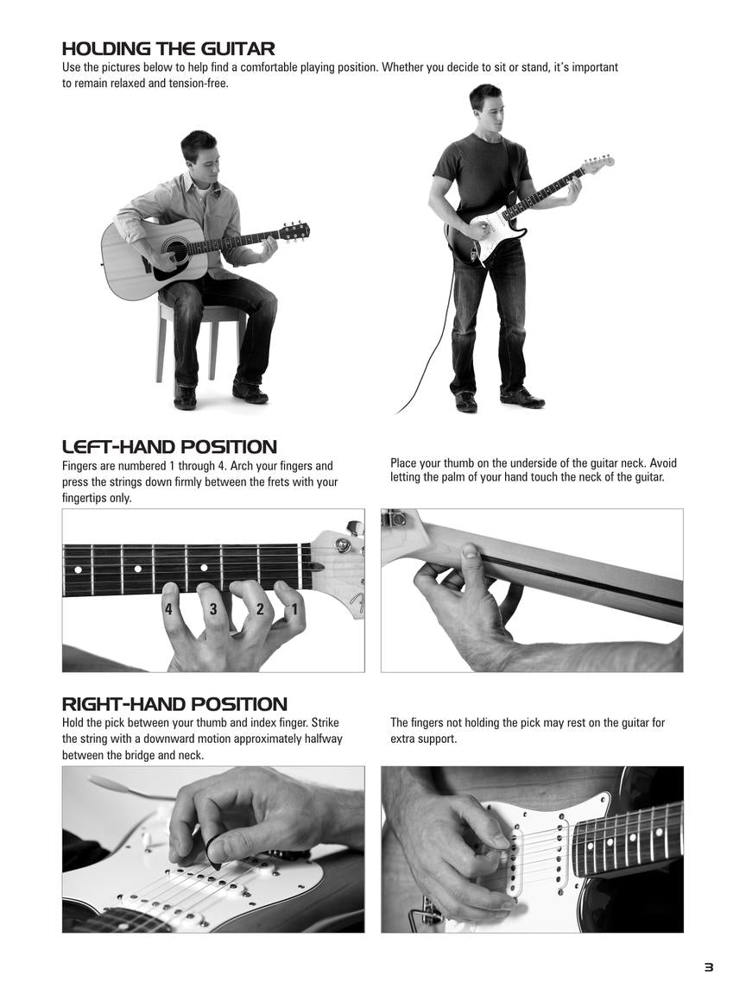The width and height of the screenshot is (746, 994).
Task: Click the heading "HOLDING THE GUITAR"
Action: click(x=168, y=49)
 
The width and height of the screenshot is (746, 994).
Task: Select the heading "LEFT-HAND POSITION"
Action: click(x=169, y=447)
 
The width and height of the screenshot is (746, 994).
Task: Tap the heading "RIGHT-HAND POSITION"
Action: click(x=174, y=704)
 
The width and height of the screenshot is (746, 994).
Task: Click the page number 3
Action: click(x=709, y=967)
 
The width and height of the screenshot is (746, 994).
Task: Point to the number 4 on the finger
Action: click(x=168, y=609)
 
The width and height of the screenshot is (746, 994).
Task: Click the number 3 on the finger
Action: click(x=213, y=609)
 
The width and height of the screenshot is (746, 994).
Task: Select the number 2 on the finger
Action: click(x=260, y=609)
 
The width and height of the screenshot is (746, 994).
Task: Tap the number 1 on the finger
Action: click(x=294, y=610)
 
